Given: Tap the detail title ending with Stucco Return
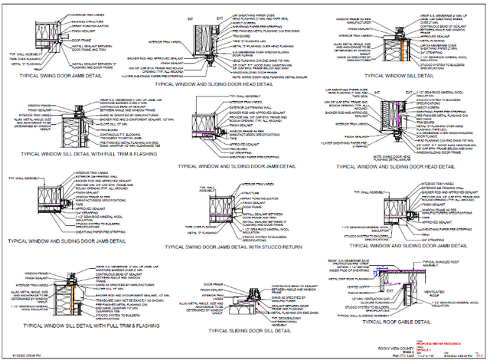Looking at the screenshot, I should tap(250, 247).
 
